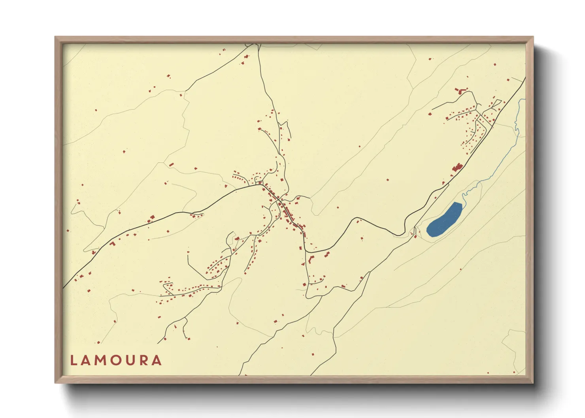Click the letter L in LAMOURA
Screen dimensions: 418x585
coord(74,360)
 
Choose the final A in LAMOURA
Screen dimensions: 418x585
coord(157,360)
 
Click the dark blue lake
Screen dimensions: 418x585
coord(445,220)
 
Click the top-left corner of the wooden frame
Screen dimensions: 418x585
coord(56,38)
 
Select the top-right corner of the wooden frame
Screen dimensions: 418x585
coord(532,38)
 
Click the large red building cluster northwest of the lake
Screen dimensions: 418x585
coord(458,168)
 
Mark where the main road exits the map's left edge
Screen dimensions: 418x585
coord(64,286)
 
